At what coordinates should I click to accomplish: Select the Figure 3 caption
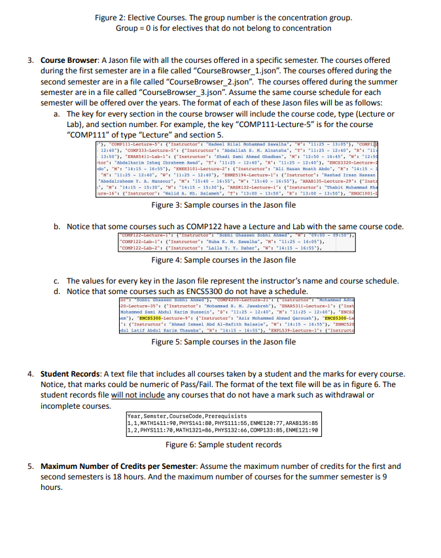[x=223, y=204]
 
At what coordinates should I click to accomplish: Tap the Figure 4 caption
[x=223, y=260]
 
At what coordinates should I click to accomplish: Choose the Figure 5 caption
[x=223, y=342]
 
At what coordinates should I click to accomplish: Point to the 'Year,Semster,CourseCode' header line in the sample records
[x=187, y=416]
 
